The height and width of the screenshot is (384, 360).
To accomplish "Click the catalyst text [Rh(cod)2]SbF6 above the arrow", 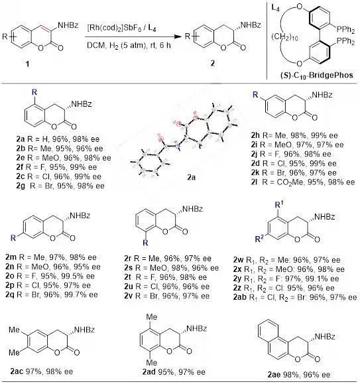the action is (x=114, y=28).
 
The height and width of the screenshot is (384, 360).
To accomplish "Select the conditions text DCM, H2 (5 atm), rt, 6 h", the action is (x=129, y=45).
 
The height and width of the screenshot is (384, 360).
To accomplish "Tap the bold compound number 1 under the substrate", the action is (x=27, y=64).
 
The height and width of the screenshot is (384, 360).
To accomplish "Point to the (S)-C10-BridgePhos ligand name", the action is (x=317, y=75).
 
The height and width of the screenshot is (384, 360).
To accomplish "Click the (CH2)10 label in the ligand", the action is (x=284, y=37).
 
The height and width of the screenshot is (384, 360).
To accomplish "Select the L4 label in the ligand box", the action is (x=275, y=8).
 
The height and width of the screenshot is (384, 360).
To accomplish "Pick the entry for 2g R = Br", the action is (x=60, y=186).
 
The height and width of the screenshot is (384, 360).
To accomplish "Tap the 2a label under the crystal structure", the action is (x=191, y=177).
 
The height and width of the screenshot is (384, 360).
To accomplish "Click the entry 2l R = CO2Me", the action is (x=303, y=182).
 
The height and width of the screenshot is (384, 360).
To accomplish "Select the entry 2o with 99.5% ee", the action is (x=50, y=276).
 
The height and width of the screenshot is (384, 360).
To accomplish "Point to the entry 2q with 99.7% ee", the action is (x=52, y=294).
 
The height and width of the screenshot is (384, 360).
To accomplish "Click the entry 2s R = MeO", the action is (x=171, y=268).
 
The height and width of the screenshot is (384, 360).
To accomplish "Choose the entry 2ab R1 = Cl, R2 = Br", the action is (x=295, y=297).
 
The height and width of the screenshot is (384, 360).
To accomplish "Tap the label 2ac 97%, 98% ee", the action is (x=42, y=371).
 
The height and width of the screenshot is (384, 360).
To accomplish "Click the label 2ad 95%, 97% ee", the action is (x=174, y=372).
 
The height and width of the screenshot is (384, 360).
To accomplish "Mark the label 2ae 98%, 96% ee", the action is (x=299, y=375).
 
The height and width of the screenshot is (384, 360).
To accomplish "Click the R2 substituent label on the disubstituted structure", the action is (x=259, y=238).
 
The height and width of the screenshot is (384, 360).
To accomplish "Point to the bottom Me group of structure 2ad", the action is (x=151, y=361).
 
